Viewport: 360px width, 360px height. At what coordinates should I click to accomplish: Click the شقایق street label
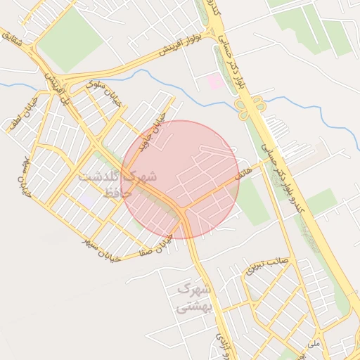pyautogui.click(x=18, y=43)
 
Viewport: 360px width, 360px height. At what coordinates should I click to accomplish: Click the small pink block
pyautogui.click(x=215, y=82)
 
